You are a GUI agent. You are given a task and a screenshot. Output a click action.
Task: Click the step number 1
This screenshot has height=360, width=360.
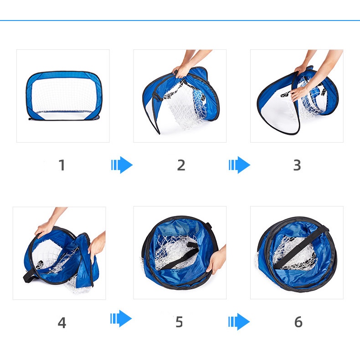[62, 165]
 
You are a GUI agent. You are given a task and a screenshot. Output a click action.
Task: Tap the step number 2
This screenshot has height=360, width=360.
[181, 165]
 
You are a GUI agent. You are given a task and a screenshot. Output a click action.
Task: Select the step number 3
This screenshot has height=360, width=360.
[297, 165]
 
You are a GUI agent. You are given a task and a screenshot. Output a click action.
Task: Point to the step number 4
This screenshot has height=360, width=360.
[62, 323]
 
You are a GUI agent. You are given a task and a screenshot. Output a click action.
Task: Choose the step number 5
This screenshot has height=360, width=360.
[179, 322]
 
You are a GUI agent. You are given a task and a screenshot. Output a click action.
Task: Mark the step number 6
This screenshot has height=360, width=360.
[298, 322]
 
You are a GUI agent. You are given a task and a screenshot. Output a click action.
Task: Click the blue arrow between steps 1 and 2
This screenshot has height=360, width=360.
[122, 165]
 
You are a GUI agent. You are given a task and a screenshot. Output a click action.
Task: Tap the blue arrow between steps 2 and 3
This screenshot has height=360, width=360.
[239, 165]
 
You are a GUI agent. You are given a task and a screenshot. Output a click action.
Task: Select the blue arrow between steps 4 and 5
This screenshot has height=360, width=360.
[121, 319]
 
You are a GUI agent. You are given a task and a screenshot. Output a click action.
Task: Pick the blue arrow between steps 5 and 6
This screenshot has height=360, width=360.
[239, 322]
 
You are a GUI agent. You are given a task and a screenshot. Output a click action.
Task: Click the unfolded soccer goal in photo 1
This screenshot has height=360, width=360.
[64, 95]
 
